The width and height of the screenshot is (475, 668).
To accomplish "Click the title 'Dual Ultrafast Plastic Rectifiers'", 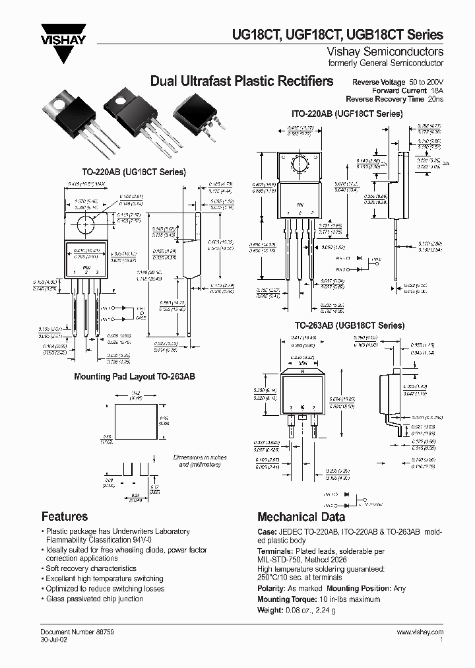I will (241, 82).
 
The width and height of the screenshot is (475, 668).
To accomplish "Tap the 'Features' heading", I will (65, 516).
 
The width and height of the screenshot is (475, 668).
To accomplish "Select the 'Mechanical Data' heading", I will (301, 517).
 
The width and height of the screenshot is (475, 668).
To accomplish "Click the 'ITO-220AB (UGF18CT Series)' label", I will (347, 114).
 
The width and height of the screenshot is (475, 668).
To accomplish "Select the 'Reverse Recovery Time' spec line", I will (398, 98).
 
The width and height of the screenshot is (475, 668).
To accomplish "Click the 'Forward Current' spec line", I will (407, 90).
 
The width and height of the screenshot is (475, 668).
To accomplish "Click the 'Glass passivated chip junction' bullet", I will (94, 599).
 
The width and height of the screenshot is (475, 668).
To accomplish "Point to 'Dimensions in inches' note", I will (199, 457).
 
